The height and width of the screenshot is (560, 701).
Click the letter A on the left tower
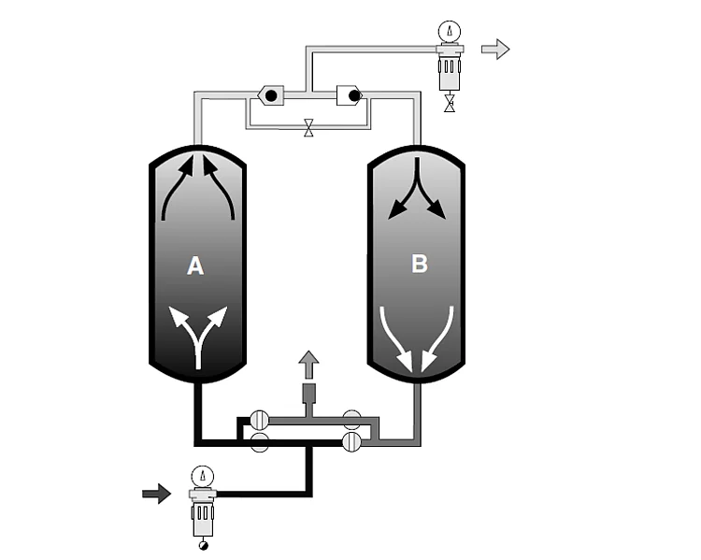pyautogui.click(x=195, y=266)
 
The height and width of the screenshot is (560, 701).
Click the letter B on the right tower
pyautogui.click(x=420, y=264)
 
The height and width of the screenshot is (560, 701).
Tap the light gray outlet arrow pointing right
pyautogui.click(x=495, y=49)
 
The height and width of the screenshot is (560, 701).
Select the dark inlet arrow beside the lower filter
pyautogui.click(x=156, y=493)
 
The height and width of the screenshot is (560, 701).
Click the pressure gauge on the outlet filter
pyautogui.click(x=451, y=31)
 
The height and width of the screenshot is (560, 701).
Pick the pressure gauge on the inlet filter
pyautogui.click(x=202, y=475)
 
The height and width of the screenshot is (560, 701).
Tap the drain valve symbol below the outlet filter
pyautogui.click(x=450, y=103)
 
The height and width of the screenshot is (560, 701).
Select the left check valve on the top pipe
pyautogui.click(x=270, y=94)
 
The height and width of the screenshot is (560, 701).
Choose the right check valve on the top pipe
pyautogui.click(x=349, y=94)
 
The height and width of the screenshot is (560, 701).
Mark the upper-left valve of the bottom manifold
pyautogui.click(x=260, y=419)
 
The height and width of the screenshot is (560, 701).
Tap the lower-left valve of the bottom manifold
pyautogui.click(x=260, y=441)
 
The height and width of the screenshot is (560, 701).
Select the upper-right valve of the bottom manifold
pyautogui.click(x=352, y=419)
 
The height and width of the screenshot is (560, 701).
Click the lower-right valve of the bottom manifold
pyautogui.click(x=352, y=441)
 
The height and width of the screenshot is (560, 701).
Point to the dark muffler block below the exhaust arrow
pyautogui.click(x=308, y=393)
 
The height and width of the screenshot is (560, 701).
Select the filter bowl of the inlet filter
pyautogui.click(x=202, y=514)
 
